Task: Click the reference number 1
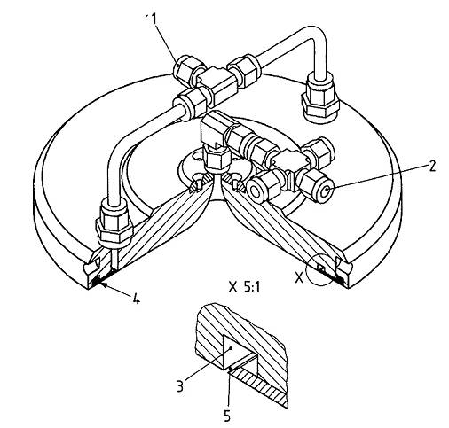pyautogui.click(x=154, y=19)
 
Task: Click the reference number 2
pyautogui.click(x=431, y=167)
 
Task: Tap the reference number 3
pyautogui.click(x=180, y=385)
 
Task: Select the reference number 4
pyautogui.click(x=136, y=299)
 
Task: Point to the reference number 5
pyautogui.click(x=227, y=416)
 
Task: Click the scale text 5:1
pyautogui.click(x=252, y=287)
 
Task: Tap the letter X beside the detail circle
pyautogui.click(x=300, y=277)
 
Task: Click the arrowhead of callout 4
pyautogui.click(x=98, y=284)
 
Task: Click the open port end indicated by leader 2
pyautogui.click(x=326, y=191)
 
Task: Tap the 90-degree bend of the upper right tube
pyautogui.click(x=318, y=37)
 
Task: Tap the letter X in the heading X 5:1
pyautogui.click(x=233, y=287)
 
